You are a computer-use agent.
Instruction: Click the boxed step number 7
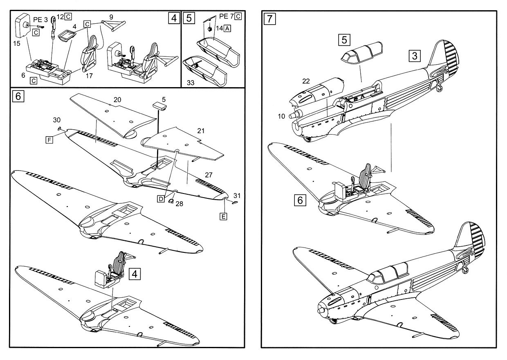(269, 19)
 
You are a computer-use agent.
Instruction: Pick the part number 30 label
(56, 120)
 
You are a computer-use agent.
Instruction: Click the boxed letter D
(161, 199)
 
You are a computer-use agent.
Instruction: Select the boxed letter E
(223, 216)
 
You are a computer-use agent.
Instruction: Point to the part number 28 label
(179, 204)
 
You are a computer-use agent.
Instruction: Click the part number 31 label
(237, 194)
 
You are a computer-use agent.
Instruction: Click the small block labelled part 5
(160, 106)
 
